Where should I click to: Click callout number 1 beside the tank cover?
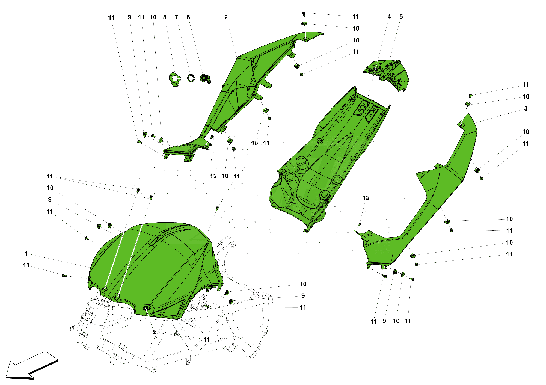click(26, 253)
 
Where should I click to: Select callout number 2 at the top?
click(226, 17)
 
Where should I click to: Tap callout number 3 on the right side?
click(526, 109)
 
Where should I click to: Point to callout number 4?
click(389, 17)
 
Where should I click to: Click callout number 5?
click(401, 17)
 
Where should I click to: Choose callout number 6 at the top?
click(188, 17)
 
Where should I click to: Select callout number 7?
click(176, 17)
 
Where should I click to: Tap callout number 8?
click(165, 17)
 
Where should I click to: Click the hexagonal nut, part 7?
click(191, 78)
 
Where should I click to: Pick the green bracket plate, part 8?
click(174, 79)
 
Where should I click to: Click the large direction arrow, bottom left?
click(30, 366)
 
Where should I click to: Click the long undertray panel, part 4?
click(328, 158)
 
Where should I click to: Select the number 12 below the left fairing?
click(213, 176)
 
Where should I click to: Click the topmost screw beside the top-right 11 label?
click(304, 13)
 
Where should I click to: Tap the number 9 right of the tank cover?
click(303, 296)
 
